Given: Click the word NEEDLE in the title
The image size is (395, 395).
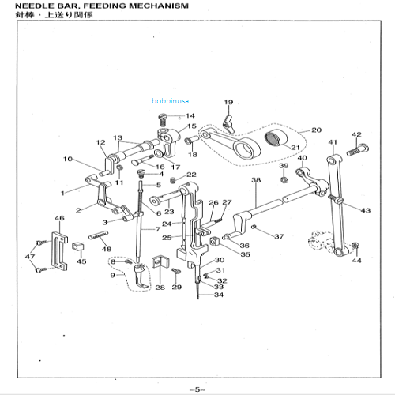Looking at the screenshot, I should click(x=20, y=6).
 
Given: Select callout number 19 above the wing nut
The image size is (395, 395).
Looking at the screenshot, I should click(x=228, y=103).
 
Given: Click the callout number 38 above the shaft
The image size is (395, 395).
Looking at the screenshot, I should click(x=255, y=181).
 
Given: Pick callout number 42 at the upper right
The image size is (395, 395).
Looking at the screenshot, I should click(x=356, y=134).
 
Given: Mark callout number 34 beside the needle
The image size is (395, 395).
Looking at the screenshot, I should click(x=218, y=295).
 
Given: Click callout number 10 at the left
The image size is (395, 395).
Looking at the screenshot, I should click(x=68, y=160).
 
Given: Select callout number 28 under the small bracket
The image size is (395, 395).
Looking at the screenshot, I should click(x=160, y=288).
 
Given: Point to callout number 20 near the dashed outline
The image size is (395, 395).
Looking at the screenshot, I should click(x=315, y=130).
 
